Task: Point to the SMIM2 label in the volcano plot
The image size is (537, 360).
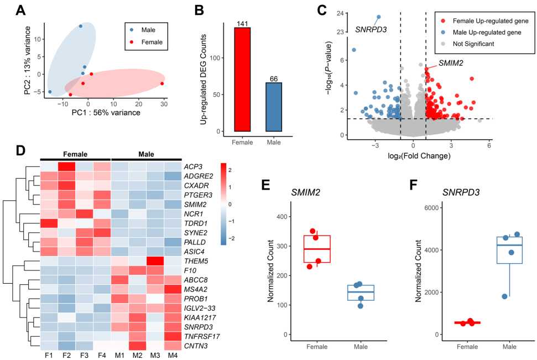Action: point(450,63)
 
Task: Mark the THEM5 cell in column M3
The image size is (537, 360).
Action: point(155,260)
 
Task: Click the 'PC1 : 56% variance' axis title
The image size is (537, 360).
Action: point(106,113)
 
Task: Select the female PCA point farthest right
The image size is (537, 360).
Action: point(162,84)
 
